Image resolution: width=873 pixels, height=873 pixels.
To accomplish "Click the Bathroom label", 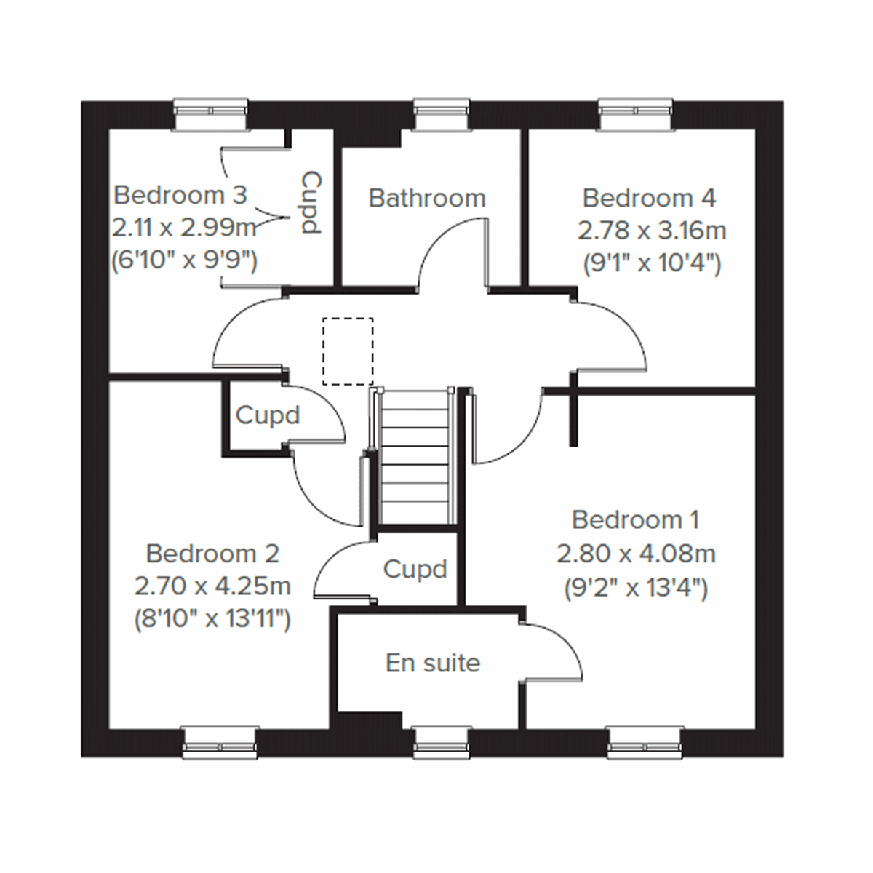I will pyautogui.click(x=427, y=198).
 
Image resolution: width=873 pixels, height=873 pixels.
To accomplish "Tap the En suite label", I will pyautogui.click(x=433, y=663).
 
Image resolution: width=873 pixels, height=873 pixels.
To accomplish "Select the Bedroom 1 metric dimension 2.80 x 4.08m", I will pyautogui.click(x=636, y=554).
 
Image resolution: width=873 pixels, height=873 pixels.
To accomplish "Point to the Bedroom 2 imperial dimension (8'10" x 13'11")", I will pyautogui.click(x=212, y=619).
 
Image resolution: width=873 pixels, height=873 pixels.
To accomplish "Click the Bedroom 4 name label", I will pyautogui.click(x=649, y=198).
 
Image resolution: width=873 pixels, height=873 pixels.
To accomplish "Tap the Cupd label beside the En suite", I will pyautogui.click(x=415, y=569).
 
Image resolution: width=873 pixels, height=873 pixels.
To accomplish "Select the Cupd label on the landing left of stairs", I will pyautogui.click(x=268, y=415).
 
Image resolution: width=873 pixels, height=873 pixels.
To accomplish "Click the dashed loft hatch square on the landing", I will pyautogui.click(x=348, y=351).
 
